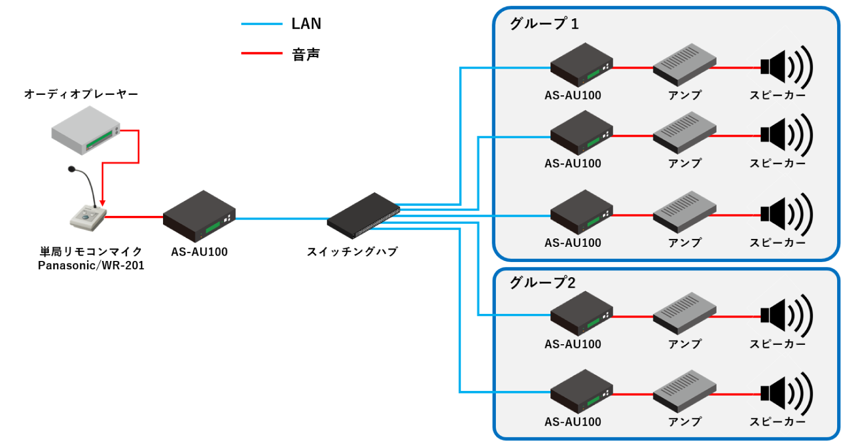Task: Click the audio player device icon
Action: [85, 130]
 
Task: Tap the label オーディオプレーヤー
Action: [81, 94]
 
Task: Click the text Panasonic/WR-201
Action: [91, 266]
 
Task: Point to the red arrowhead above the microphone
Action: [103, 203]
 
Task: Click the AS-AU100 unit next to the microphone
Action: [199, 216]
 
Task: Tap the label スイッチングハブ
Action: [352, 252]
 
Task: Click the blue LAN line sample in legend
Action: [262, 24]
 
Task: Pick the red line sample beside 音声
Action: [262, 53]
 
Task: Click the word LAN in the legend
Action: [306, 24]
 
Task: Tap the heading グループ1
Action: [544, 24]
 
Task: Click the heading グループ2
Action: [543, 282]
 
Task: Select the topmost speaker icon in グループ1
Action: [786, 67]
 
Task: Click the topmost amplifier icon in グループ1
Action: [684, 64]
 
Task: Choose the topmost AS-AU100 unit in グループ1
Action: [581, 65]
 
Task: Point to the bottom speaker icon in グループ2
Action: [786, 394]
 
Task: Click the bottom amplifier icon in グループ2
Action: [684, 391]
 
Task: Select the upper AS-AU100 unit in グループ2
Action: [581, 314]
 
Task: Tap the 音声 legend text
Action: [306, 54]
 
